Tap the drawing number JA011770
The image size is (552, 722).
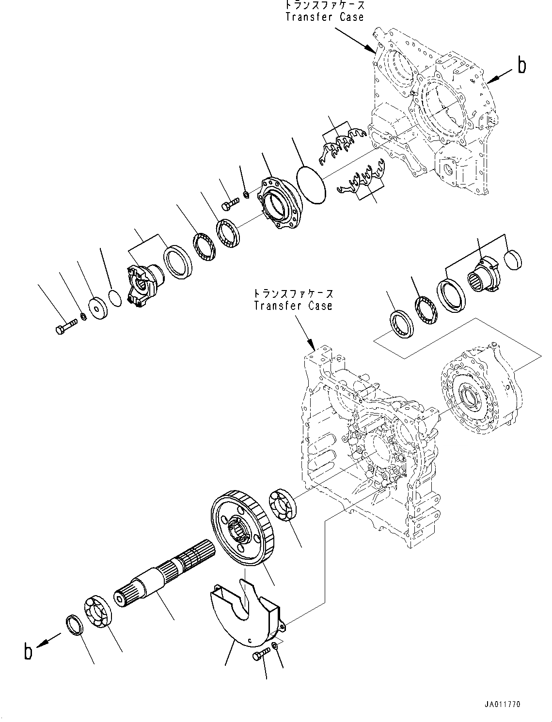[x=502, y=705]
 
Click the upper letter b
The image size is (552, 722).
[x=521, y=65]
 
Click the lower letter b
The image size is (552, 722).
[x=29, y=651]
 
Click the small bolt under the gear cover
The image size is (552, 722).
[x=259, y=656]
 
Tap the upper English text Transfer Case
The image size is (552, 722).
[x=324, y=17]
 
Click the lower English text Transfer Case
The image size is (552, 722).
[x=293, y=306]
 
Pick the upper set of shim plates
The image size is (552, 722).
[x=342, y=144]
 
